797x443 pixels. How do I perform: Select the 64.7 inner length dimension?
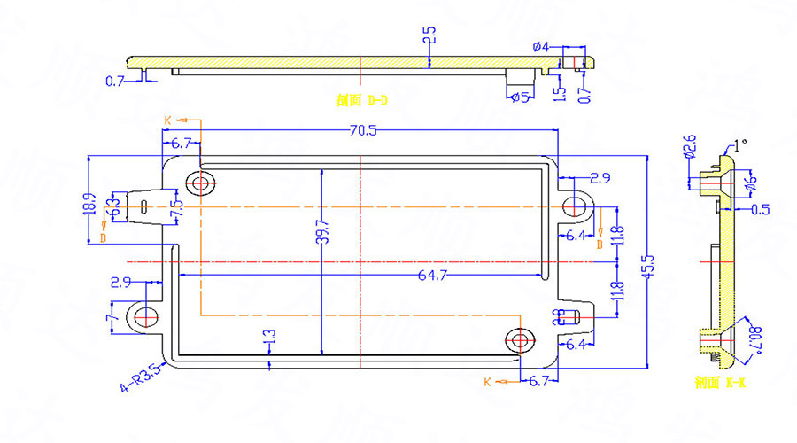point(430,276)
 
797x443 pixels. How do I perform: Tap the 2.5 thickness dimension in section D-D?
point(429,37)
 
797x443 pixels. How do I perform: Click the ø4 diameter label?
point(541,46)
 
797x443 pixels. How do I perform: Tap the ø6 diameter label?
point(751,185)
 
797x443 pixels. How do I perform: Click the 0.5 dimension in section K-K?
point(760,210)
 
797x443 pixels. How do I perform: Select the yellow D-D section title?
point(362,101)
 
